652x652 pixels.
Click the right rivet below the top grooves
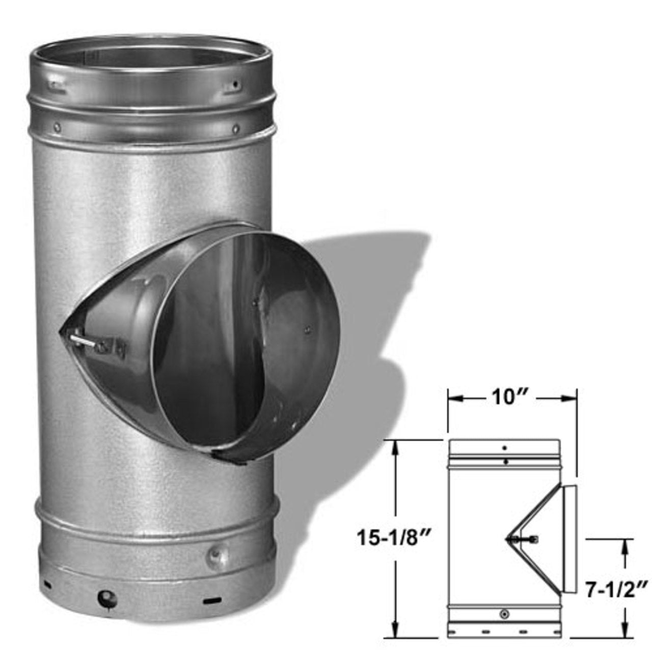tap(235, 128)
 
